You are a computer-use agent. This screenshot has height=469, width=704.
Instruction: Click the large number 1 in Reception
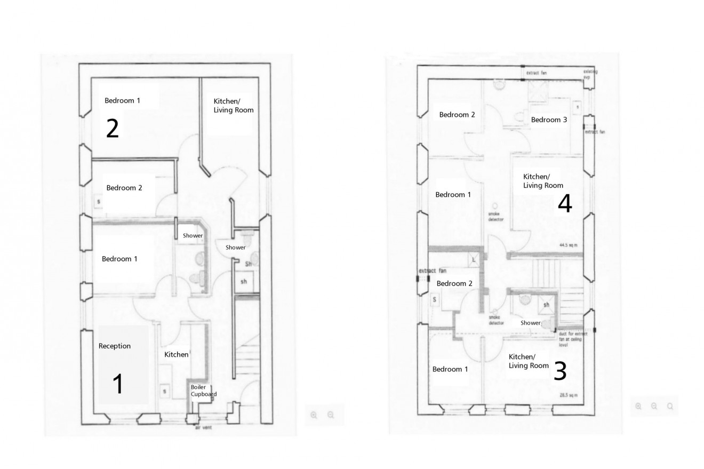[118, 384]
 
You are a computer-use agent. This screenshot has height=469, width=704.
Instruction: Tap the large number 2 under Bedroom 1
[112, 129]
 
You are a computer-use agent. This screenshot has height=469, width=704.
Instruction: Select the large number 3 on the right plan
[559, 371]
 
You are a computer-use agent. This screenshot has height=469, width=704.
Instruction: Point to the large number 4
[564, 204]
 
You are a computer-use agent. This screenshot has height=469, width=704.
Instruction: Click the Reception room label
[114, 346]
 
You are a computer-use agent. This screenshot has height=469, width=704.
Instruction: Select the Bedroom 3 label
[549, 120]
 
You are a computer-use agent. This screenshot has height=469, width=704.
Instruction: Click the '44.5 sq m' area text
[568, 245]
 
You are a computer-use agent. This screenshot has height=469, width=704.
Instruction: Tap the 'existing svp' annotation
[590, 74]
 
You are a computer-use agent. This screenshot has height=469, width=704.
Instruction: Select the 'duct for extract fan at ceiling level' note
[573, 339]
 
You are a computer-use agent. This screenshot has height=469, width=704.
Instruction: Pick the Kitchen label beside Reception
[176, 355]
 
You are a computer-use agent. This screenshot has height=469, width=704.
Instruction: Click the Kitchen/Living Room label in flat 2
[233, 106]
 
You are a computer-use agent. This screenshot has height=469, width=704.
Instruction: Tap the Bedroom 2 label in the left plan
[124, 188]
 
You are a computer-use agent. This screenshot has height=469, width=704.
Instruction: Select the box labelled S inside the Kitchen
[164, 392]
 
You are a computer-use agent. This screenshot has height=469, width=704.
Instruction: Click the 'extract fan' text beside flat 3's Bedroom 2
[432, 271]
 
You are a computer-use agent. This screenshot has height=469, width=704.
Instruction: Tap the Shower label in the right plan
[530, 323]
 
